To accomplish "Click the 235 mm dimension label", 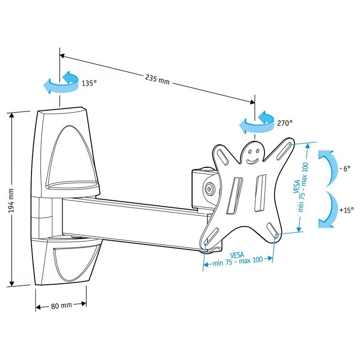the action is coord(157,79).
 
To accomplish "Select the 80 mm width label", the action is coord(61,305).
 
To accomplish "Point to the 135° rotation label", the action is coord(89,83).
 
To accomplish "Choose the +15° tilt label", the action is coord(346,210).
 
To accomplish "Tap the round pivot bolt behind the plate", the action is coord(209,189).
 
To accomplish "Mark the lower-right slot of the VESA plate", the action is coord(273,230).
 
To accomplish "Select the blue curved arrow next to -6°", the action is coord(327,167).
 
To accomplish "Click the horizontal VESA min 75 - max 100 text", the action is coord(238,257).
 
